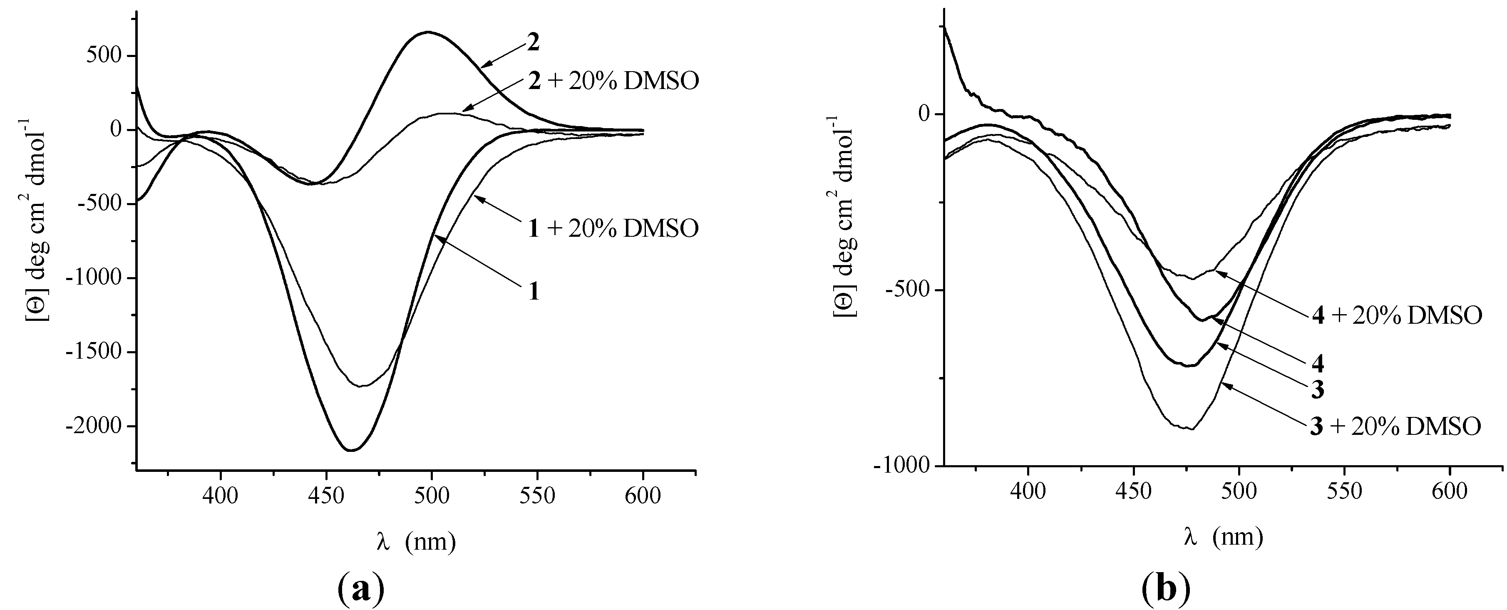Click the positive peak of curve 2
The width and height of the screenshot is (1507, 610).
(428, 32)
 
